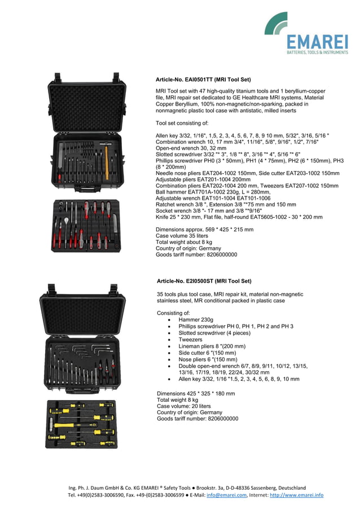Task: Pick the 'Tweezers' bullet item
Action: click(x=190, y=340)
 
